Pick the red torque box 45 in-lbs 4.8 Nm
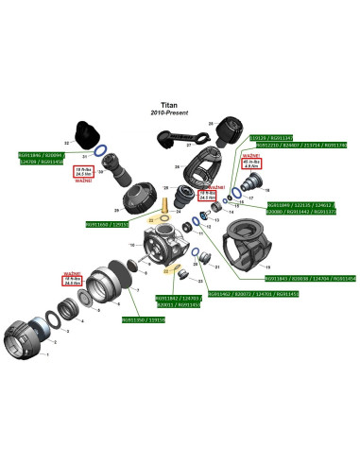tap(250, 166)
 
